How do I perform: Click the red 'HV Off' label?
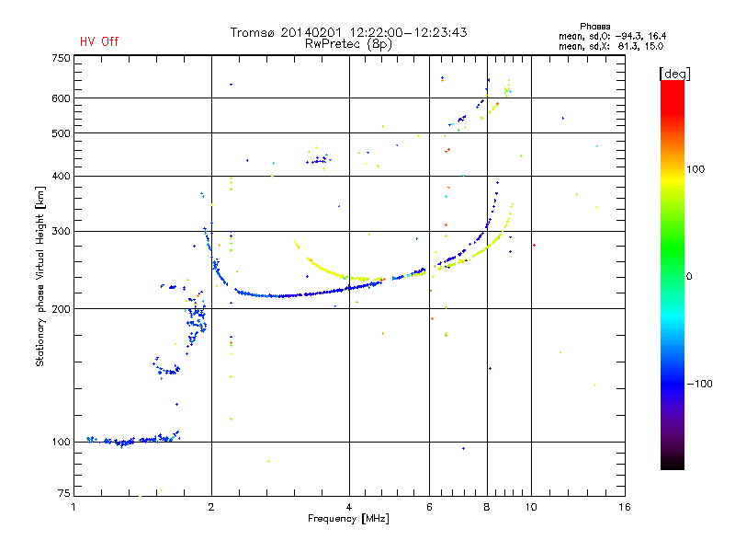click(99, 41)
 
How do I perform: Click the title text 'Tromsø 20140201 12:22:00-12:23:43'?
click(349, 32)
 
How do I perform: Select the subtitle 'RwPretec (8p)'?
click(348, 44)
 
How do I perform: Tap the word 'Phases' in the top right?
click(594, 27)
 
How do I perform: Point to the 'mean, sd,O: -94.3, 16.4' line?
click(612, 36)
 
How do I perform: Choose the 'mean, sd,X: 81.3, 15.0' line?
click(611, 46)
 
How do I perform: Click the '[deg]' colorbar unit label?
click(674, 74)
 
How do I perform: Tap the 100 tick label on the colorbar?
click(695, 169)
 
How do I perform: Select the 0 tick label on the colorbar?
click(689, 277)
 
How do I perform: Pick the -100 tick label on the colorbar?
click(699, 384)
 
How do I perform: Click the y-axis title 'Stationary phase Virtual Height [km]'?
click(40, 276)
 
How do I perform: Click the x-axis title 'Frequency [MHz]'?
click(348, 519)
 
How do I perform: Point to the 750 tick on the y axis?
click(61, 58)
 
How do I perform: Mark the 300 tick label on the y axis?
click(61, 232)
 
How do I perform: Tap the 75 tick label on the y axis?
click(64, 493)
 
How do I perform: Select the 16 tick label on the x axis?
click(625, 507)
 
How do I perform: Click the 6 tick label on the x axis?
click(429, 507)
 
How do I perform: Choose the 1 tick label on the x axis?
click(73, 507)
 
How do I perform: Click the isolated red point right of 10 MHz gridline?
click(535, 245)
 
